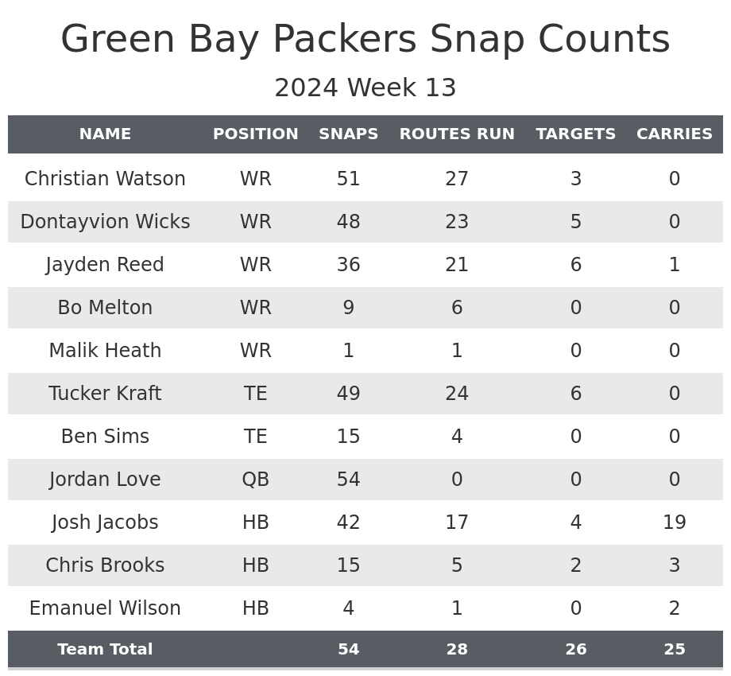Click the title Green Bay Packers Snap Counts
(365, 40)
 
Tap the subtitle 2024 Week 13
(365, 88)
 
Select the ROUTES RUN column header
(457, 134)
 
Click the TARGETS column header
(576, 134)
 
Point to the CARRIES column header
(675, 134)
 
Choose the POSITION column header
(256, 134)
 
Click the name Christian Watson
(105, 179)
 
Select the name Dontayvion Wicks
(105, 222)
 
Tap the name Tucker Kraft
(105, 394)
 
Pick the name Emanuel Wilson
(105, 608)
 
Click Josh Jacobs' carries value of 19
(675, 523)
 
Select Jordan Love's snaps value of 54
(349, 480)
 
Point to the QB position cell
(256, 480)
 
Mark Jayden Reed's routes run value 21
(457, 265)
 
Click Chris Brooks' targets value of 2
(576, 565)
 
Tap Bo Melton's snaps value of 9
(349, 308)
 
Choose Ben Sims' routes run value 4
(457, 437)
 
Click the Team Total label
(105, 650)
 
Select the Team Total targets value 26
(576, 650)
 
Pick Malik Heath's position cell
(256, 351)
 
